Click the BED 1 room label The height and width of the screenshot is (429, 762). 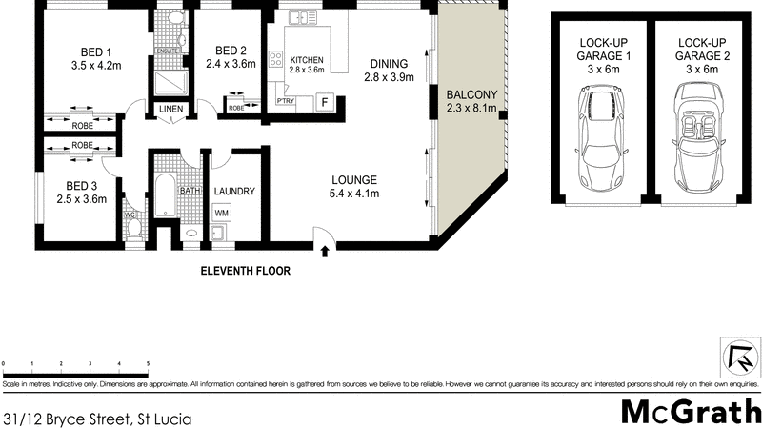coord(95,51)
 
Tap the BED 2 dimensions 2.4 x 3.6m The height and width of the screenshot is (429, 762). coord(231,66)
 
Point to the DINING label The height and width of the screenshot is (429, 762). coord(388,64)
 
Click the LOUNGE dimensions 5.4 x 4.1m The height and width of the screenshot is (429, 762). coord(354,194)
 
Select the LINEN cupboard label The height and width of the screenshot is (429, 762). coord(171,109)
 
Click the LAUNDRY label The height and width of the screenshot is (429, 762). coord(233,191)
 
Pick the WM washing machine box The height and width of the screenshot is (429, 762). coord(221,212)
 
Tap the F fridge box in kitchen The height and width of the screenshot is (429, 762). coord(324,101)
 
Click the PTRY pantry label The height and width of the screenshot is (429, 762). coord(285,100)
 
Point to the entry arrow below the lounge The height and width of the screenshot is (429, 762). coord(326,252)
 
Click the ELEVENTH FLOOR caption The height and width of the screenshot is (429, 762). coord(245,271)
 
